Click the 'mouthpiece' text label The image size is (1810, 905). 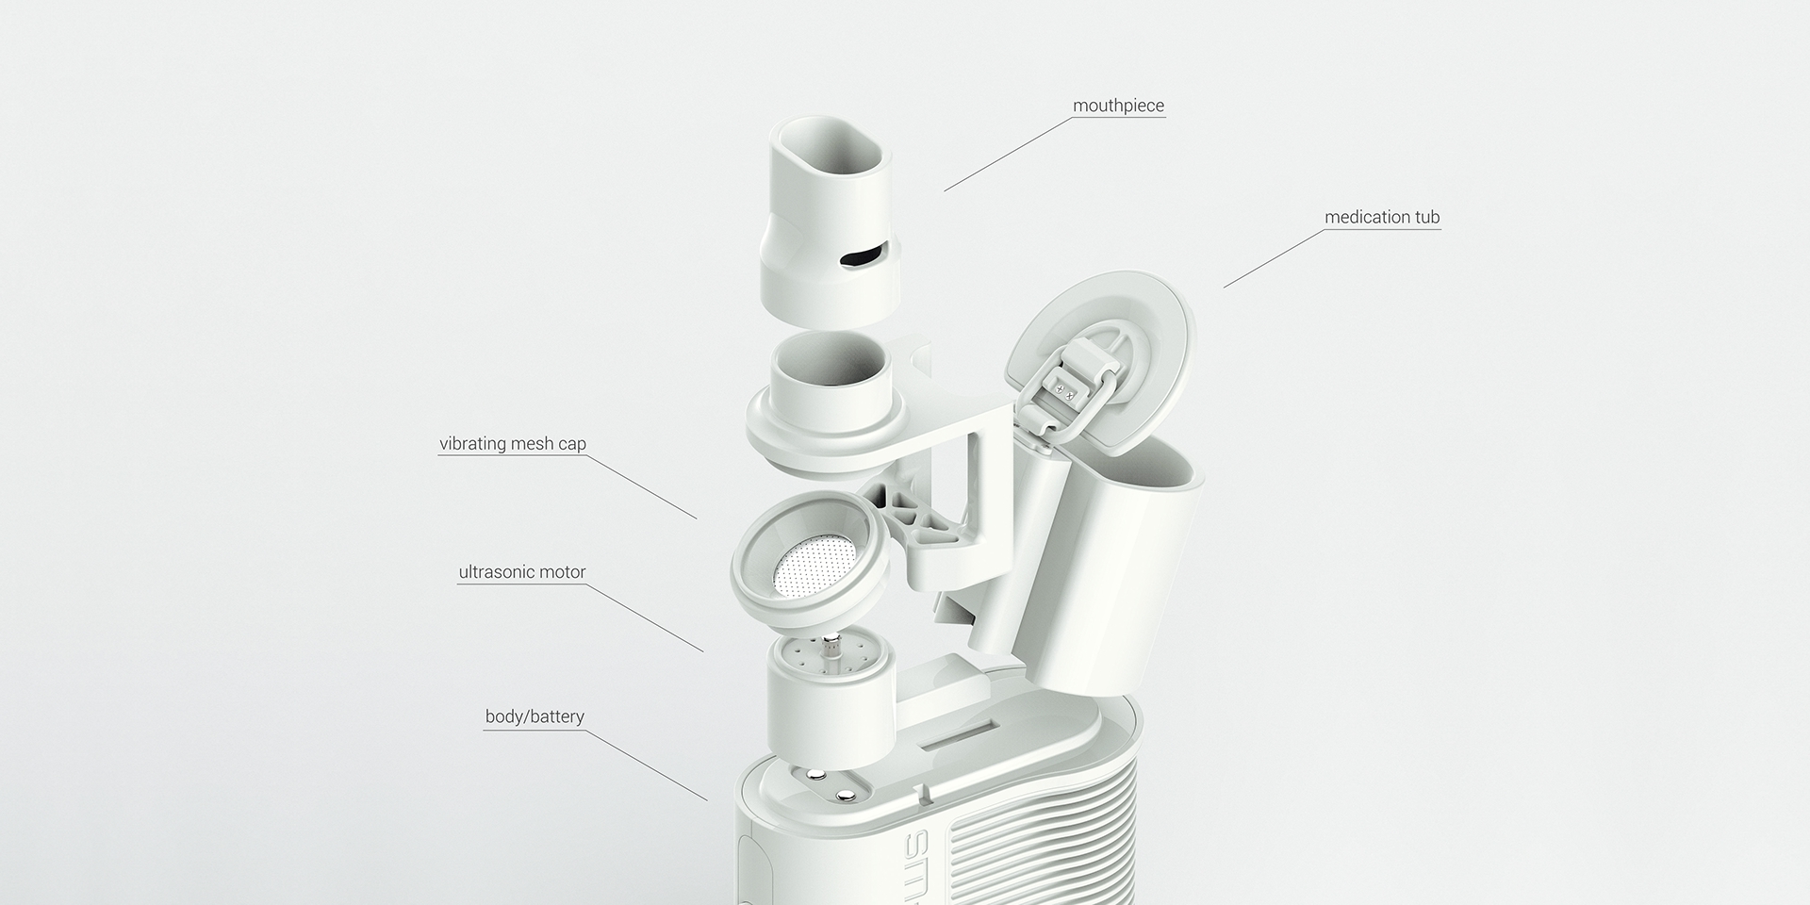[1118, 106]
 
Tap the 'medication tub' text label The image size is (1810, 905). [1382, 217]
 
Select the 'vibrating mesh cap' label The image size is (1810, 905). [512, 443]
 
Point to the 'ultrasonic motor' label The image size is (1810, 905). [521, 572]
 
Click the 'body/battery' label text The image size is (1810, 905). [535, 716]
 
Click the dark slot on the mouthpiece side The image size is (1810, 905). [863, 255]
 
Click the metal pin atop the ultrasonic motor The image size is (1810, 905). [830, 651]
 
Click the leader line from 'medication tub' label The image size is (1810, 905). [1273, 259]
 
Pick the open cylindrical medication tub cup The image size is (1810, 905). [1122, 566]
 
